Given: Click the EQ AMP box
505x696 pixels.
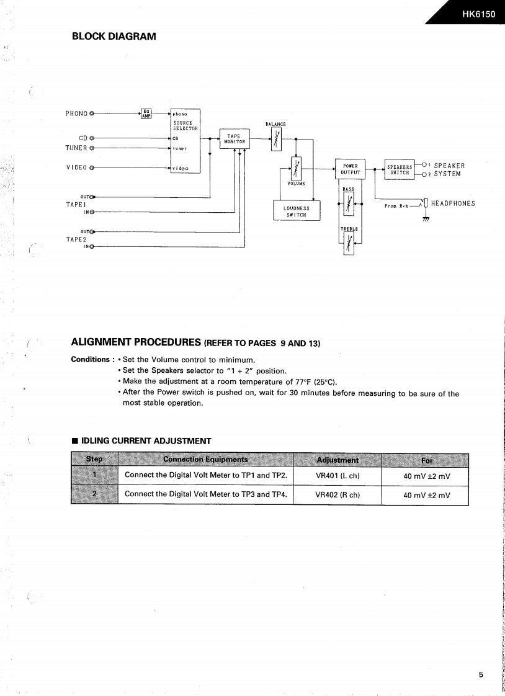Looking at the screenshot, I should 146,113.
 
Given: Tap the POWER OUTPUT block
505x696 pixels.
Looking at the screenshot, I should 350,169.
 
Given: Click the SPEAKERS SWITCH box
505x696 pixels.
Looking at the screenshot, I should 399,169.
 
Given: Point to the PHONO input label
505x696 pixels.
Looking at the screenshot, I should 76,114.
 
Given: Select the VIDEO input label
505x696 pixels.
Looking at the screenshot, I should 76,168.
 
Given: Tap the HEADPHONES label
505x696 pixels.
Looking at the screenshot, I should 453,203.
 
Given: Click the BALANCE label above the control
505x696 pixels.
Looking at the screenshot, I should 275,124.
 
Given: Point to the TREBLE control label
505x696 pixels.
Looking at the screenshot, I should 349,229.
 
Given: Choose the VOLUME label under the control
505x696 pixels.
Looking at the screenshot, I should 296,184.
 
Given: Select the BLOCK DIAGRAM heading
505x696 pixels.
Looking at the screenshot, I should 114,37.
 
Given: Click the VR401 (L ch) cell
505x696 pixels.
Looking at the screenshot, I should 337,476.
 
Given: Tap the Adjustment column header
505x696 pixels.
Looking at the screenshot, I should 337,460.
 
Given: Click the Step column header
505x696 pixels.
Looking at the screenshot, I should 94,459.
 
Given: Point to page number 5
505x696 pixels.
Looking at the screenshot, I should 481,676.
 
